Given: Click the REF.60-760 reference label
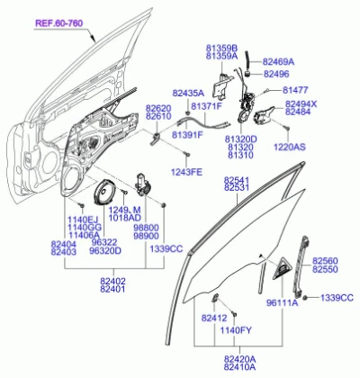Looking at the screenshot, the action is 59,23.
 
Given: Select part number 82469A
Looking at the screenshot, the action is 278,62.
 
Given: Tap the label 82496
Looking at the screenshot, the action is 276,74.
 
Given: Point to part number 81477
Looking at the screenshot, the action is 295,90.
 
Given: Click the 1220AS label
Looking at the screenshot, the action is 290,147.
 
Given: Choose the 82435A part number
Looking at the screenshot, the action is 188,93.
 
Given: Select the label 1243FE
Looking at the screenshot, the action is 186,172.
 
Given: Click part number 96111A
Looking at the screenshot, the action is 283,303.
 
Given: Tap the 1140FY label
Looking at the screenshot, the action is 236,330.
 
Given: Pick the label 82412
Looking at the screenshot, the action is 214,318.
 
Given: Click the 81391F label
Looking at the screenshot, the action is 187,135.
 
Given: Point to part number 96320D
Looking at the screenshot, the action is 105,250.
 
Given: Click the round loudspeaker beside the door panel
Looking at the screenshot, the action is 103,193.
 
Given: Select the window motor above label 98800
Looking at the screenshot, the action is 142,184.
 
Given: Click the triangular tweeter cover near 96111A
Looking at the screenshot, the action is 282,268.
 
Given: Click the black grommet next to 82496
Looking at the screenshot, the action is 247,73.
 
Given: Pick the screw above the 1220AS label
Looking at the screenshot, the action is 287,128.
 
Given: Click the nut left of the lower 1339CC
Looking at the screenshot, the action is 305,298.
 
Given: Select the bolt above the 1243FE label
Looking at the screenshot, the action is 187,154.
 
